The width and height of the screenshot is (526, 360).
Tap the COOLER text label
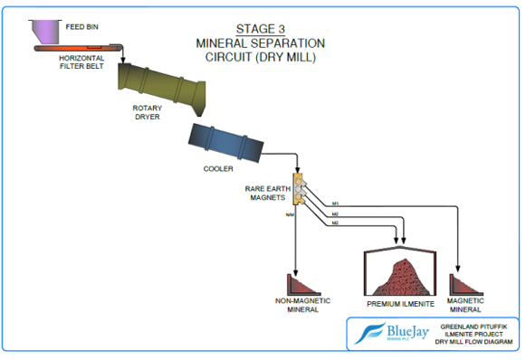pyautogui.click(x=218, y=168)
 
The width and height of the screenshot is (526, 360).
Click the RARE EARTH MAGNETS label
pyautogui.click(x=268, y=194)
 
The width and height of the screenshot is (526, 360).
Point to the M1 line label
pyautogui.click(x=334, y=204)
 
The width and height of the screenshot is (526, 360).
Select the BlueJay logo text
pyautogui.click(x=399, y=332)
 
